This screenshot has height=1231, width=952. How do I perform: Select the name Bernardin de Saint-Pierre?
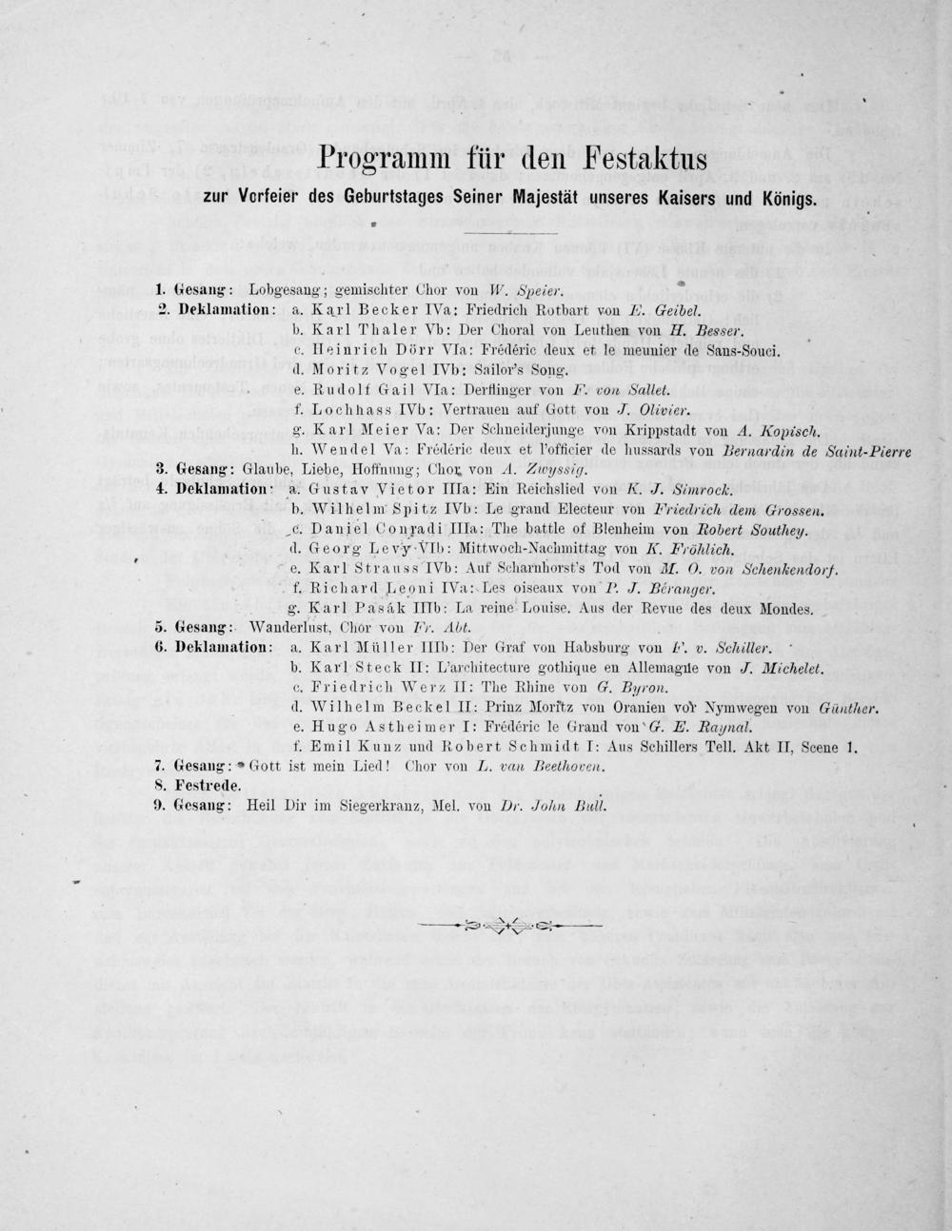click(805, 451)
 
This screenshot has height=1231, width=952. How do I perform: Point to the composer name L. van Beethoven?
click(554, 765)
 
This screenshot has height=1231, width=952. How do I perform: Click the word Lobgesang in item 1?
click(283, 286)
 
